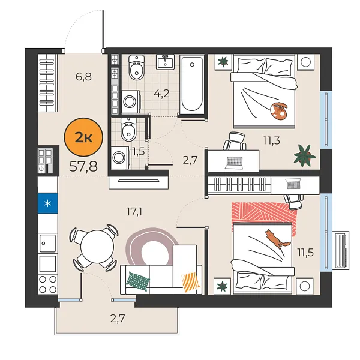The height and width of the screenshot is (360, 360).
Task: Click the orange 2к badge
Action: [x=83, y=137]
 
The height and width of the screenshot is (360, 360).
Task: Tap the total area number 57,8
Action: [x=83, y=166]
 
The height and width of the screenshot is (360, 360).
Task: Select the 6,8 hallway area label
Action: [x=83, y=76]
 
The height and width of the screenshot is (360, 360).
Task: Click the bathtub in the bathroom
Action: [x=193, y=83]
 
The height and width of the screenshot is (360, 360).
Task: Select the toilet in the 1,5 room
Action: [x=128, y=129]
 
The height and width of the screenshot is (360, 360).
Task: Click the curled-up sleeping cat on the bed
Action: [x=278, y=110]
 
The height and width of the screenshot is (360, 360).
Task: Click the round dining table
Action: [x=93, y=247]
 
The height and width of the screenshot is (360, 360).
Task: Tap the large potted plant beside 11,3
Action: [x=304, y=156]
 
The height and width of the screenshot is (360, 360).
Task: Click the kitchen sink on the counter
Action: [x=47, y=242]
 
